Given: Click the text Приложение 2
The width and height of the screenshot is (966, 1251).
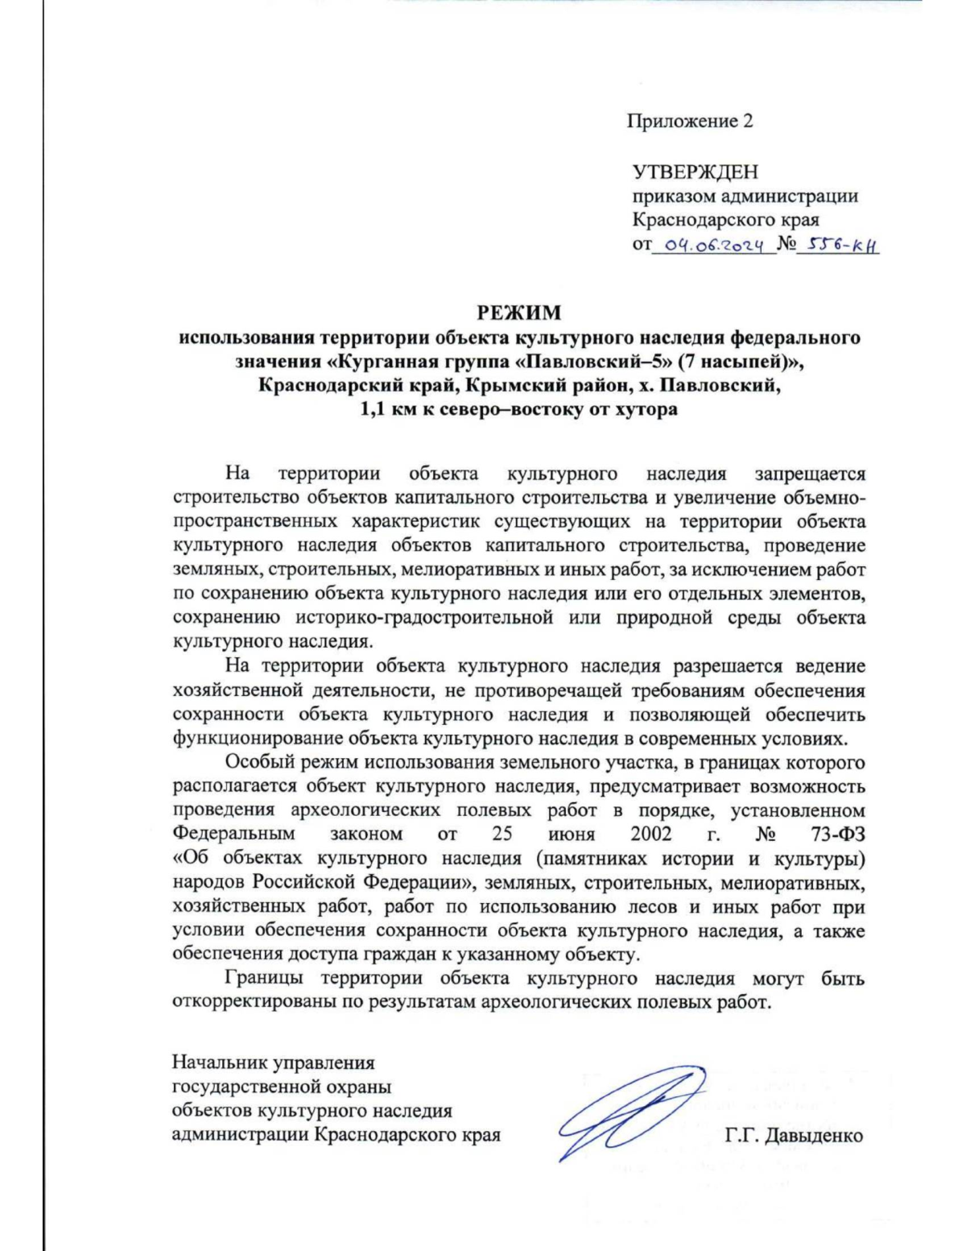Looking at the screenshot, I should coord(690,122).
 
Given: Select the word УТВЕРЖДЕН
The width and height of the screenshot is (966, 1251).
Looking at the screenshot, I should coord(695,172).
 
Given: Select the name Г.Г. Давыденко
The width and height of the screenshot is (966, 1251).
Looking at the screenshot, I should coord(794,1136).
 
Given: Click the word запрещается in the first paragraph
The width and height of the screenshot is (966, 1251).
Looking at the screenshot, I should coord(810,474).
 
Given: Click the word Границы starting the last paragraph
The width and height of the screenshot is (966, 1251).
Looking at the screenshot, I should coord(264,979).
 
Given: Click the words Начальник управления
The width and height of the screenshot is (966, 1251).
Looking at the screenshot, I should coord(274,1063).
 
